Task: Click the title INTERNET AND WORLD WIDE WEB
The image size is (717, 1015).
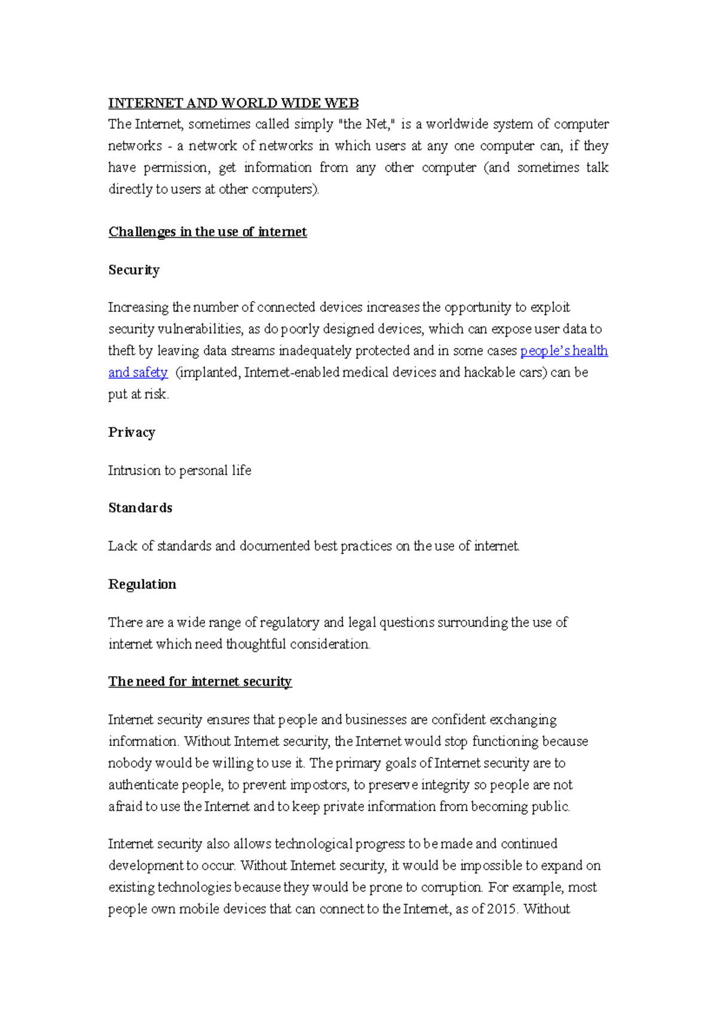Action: point(233,103)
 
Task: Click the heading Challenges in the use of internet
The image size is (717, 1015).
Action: point(207,232)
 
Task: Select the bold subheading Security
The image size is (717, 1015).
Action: point(134,270)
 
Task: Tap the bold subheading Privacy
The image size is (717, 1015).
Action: point(131,432)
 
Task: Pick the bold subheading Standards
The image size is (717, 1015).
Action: point(140,508)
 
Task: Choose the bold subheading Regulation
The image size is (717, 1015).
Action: point(142,584)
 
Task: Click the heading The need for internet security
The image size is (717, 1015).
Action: point(200,681)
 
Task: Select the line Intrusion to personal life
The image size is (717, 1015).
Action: point(179,470)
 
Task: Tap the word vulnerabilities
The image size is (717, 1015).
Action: point(200,329)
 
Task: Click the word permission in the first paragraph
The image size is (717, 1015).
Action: point(177,168)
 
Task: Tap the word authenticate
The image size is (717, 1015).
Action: point(143,785)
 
